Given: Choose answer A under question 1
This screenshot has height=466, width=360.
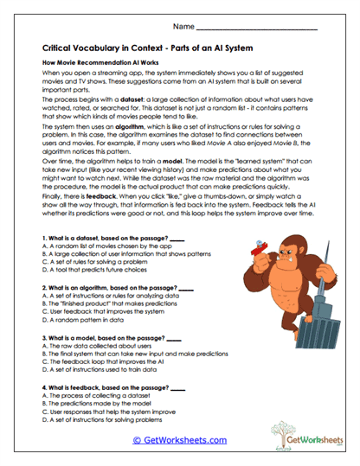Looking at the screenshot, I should tap(96, 246).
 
